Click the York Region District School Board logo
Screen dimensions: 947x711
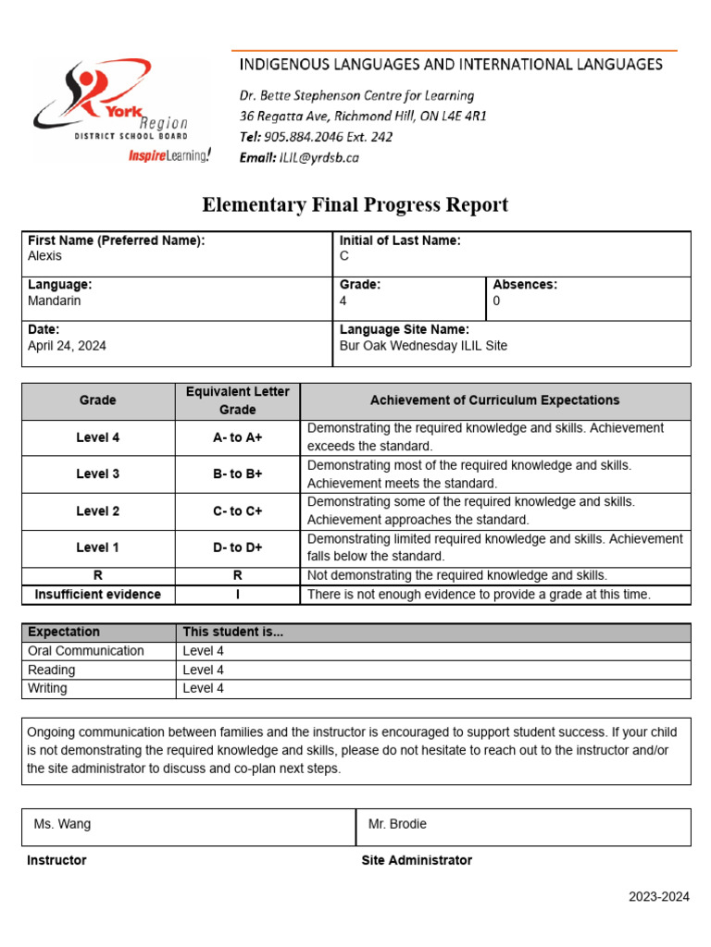tap(111, 106)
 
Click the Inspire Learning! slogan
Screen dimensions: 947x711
tap(169, 155)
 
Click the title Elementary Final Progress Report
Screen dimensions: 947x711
tap(355, 204)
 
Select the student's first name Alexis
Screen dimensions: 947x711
tap(45, 256)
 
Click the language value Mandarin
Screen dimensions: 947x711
tap(55, 301)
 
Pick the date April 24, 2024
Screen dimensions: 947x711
tap(68, 345)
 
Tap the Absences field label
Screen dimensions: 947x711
tap(525, 285)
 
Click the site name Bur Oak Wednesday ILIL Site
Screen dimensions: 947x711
tap(423, 345)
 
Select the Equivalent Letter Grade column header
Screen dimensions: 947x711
tap(237, 400)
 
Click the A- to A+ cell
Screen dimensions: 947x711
tap(237, 437)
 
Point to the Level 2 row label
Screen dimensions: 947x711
tap(97, 510)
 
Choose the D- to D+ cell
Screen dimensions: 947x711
tap(237, 547)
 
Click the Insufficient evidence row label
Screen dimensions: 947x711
tap(97, 595)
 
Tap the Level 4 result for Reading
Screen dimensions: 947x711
tap(204, 670)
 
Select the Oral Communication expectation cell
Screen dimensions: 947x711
tap(86, 651)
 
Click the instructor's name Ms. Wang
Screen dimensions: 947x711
tap(62, 823)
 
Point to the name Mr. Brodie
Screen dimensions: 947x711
tap(397, 823)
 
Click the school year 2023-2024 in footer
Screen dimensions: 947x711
tap(659, 897)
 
